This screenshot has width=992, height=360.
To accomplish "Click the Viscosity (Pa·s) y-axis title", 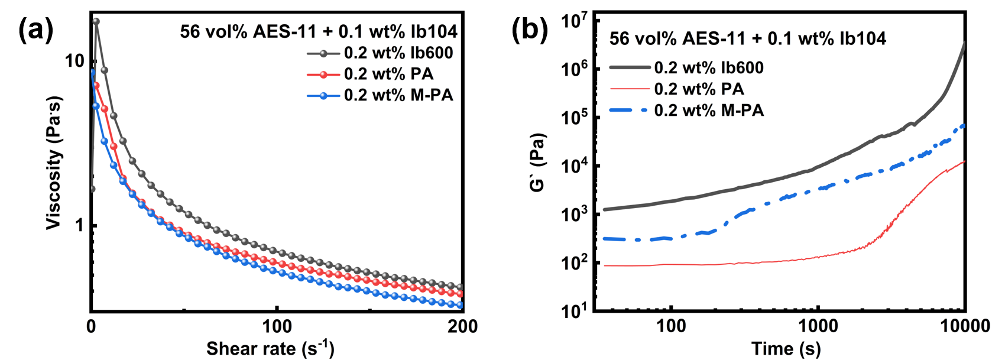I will coord(54,162).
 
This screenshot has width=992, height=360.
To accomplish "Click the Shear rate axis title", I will coord(270,348).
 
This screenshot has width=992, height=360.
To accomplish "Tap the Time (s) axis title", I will coord(786,348).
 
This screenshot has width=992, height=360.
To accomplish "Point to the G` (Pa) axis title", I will coord(537,162).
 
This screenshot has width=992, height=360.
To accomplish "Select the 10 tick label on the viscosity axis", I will coord(74,60).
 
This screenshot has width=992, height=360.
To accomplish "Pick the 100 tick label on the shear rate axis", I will coord(277,326).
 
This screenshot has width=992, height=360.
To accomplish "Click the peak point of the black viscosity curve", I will coord(96,21).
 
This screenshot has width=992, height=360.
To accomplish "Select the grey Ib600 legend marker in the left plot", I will coord(323,54).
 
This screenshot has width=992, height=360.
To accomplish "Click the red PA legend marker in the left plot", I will coord(323,74).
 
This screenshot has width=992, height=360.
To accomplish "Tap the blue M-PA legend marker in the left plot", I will coord(323,96).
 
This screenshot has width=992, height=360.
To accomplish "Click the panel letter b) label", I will coord(536,30).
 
